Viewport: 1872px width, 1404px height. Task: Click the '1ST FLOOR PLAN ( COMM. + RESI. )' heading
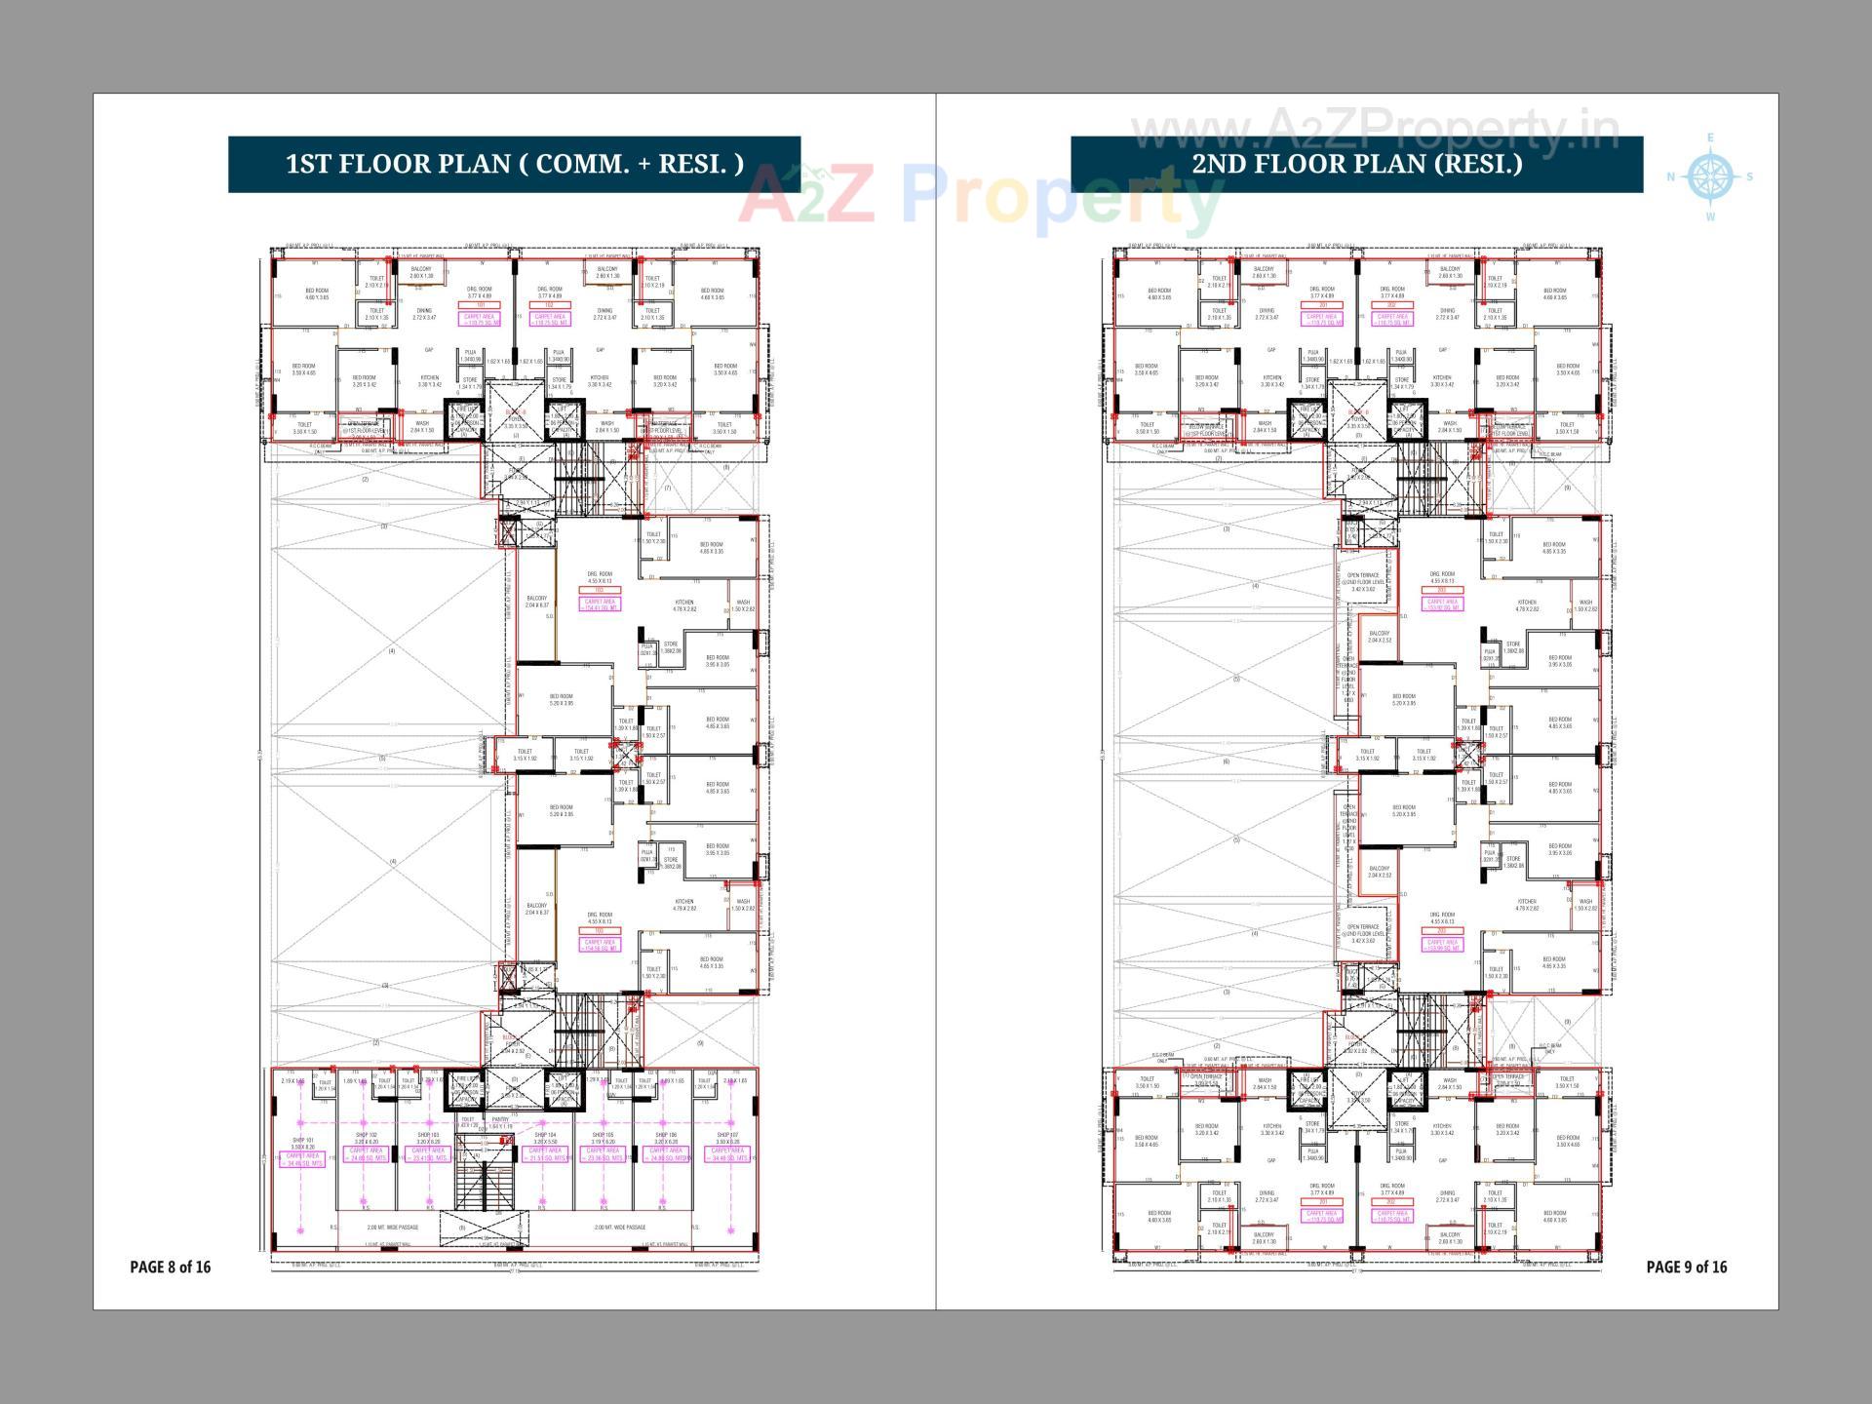point(514,164)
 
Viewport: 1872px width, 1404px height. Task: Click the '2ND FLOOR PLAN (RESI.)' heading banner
point(1356,164)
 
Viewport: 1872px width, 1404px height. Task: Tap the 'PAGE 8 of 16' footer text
point(170,1267)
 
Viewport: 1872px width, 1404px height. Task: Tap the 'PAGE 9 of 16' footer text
point(1686,1267)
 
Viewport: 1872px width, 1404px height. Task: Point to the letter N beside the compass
point(1670,177)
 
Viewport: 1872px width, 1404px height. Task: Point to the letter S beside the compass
point(1749,177)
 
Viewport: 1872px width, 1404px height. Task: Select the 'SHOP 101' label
point(303,1140)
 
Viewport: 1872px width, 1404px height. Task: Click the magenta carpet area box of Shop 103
point(428,1154)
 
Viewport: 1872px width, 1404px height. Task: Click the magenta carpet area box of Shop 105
point(603,1154)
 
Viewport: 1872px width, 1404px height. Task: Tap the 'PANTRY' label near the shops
point(500,1120)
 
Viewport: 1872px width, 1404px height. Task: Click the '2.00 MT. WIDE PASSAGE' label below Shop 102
point(393,1228)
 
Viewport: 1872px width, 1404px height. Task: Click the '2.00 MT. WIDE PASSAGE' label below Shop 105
point(620,1228)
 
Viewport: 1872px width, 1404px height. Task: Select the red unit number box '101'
point(480,305)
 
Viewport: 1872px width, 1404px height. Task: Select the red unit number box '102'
point(549,305)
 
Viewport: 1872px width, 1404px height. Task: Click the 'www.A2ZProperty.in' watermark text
point(1375,130)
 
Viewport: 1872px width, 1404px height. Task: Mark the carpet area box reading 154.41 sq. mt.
point(600,604)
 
